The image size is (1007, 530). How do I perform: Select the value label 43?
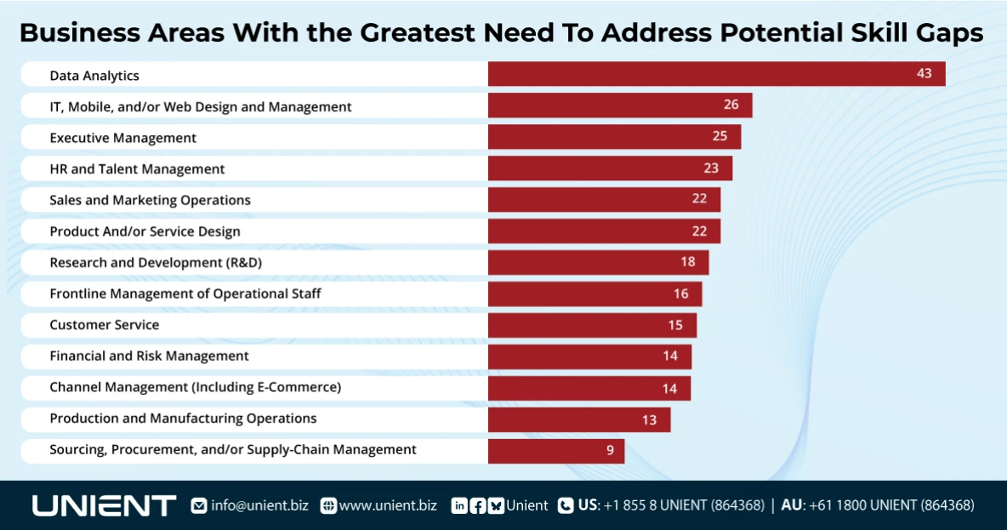point(924,74)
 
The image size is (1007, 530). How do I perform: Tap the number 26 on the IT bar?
point(731,105)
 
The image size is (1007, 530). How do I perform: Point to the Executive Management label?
point(122,138)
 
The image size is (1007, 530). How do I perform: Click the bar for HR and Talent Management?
point(609,168)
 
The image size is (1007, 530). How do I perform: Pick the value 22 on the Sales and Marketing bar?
point(699,199)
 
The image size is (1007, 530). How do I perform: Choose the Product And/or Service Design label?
point(145,231)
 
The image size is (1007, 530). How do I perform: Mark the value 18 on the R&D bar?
point(687,262)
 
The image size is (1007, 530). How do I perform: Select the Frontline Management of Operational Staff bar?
point(595,293)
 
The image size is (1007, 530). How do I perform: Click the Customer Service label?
point(104,325)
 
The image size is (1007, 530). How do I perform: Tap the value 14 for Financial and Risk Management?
point(670,356)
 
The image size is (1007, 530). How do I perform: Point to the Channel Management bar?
point(589,388)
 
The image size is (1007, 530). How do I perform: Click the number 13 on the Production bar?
point(649,419)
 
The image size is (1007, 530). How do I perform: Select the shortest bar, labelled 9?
point(555,451)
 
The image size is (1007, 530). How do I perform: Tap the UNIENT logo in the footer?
point(104,505)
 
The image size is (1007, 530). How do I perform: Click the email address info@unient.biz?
point(259,505)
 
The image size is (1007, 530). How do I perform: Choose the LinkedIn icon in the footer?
point(459,505)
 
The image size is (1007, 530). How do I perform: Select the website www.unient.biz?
point(388,505)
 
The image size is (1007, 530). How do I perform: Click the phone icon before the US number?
point(566,505)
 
